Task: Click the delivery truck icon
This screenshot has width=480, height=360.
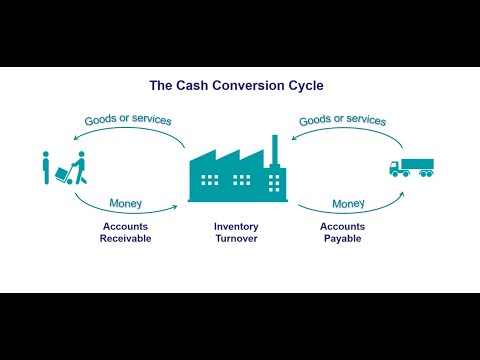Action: (411, 167)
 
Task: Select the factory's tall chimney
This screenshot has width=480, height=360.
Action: (274, 150)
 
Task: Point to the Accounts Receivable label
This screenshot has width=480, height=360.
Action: (125, 232)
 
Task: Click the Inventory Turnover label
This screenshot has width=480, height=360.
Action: (236, 232)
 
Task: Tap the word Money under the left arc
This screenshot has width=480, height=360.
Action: (125, 204)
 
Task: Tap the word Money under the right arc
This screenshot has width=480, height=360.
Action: (348, 204)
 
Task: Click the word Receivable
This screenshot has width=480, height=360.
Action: (125, 238)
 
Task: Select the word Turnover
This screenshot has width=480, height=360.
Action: (236, 238)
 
